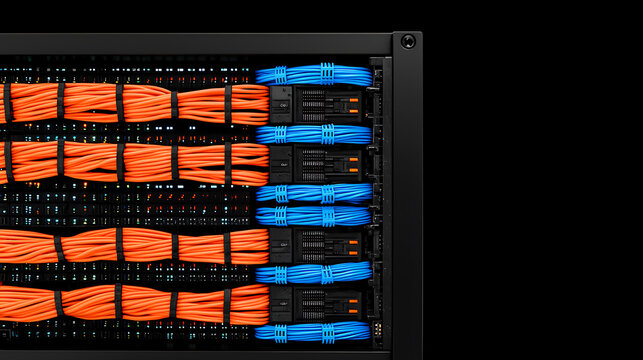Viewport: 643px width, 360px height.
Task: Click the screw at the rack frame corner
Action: [x=407, y=41]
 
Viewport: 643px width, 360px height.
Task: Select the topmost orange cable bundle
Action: [x=130, y=103]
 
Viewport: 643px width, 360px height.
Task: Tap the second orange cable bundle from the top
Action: [x=130, y=161]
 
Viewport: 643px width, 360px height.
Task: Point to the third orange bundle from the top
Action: [x=130, y=246]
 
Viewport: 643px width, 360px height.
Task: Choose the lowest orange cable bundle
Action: [x=130, y=303]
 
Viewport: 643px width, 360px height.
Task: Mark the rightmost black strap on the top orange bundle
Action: [x=227, y=104]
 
